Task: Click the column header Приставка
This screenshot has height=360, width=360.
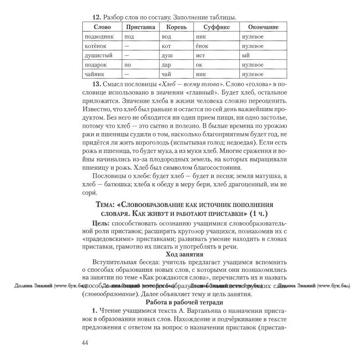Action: point(140,27)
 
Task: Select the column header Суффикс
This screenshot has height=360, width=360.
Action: point(212,27)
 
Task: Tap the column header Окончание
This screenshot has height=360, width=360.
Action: point(263,27)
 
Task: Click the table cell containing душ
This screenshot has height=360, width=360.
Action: point(168,55)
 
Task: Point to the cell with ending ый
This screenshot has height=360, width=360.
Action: point(245,55)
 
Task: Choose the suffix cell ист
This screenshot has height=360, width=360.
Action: point(200,55)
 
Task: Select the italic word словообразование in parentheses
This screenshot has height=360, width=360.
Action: point(110,294)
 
